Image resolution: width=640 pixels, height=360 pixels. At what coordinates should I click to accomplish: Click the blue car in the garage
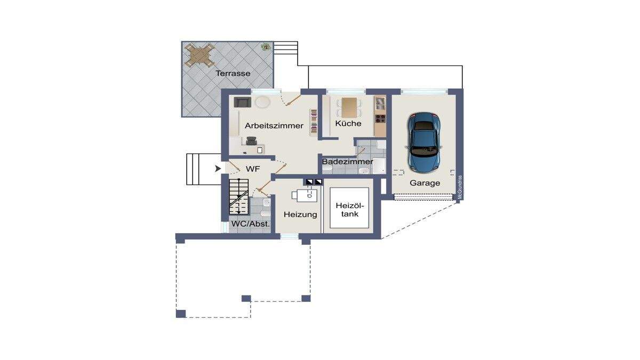click(x=423, y=142)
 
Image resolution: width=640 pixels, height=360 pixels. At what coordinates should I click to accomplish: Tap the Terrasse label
click(x=233, y=74)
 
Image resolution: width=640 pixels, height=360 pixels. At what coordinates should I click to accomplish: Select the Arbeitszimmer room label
click(x=274, y=125)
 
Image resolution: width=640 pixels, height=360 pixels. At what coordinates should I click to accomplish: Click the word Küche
click(x=348, y=123)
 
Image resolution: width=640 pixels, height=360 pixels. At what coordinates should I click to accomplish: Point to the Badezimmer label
click(x=347, y=162)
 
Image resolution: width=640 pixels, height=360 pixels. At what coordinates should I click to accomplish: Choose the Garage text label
click(x=425, y=183)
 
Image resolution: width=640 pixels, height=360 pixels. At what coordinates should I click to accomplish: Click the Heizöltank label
click(x=350, y=210)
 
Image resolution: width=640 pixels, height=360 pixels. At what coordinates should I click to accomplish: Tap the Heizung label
click(x=300, y=214)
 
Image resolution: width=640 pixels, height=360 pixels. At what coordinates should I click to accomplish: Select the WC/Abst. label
click(x=251, y=223)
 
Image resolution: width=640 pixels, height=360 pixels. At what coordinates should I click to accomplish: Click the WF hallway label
click(x=253, y=169)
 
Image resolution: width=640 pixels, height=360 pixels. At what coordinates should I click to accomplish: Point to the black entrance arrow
click(x=218, y=169)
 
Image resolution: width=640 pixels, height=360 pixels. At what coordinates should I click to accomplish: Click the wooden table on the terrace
click(x=199, y=55)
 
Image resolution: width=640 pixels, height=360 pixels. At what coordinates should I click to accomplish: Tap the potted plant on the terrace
click(x=266, y=46)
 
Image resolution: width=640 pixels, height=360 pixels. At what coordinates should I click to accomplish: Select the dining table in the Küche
click(x=349, y=108)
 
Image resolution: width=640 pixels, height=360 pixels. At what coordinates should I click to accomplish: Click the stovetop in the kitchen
click(x=380, y=118)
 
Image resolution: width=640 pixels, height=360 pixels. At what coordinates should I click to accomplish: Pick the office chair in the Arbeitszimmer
click(x=251, y=141)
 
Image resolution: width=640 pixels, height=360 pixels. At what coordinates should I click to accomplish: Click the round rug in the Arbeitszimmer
click(x=262, y=102)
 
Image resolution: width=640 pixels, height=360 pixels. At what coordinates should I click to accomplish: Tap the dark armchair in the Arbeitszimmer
click(x=243, y=102)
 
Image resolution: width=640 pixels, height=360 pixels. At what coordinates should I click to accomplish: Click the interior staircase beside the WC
click(x=239, y=197)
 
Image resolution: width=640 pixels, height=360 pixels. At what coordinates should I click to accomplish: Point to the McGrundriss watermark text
click(x=460, y=187)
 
